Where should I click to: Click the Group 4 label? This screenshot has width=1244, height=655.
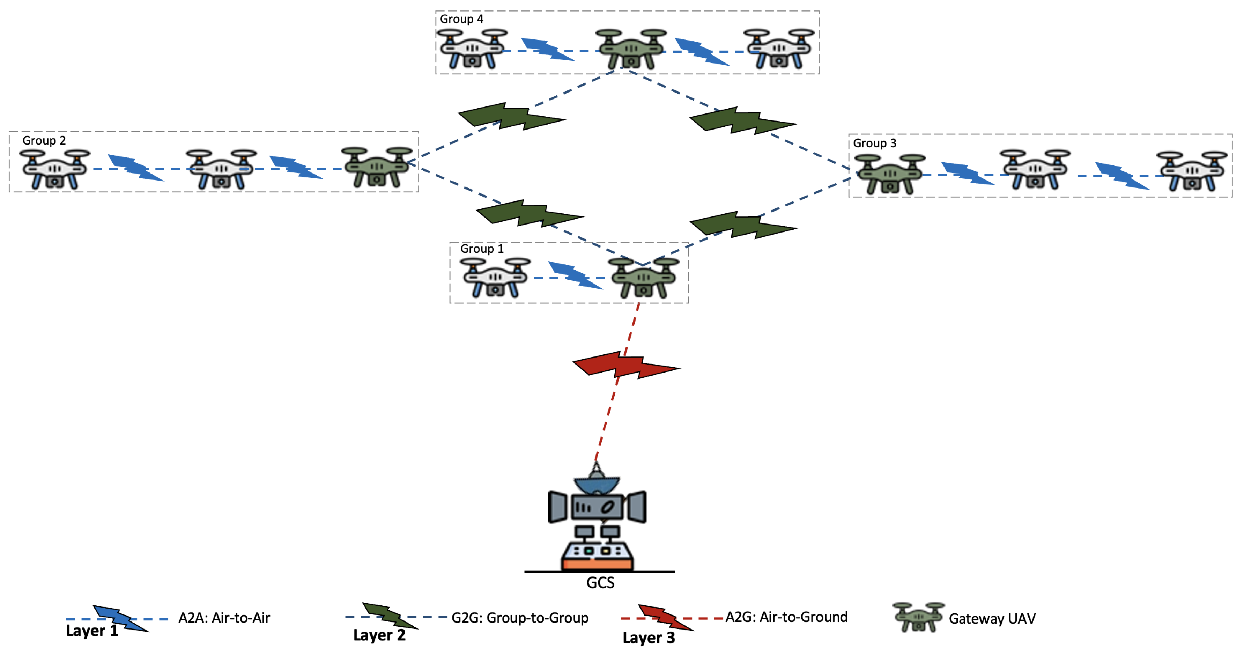click(461, 19)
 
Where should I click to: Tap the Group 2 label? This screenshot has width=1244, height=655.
click(44, 141)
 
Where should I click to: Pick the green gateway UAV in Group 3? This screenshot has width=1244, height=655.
click(889, 174)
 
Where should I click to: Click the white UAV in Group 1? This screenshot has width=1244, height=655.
click(495, 278)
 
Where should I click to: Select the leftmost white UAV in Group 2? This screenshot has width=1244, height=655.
click(54, 169)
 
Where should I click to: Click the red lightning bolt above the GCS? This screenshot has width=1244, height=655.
click(626, 365)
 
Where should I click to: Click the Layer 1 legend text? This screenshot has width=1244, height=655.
click(92, 631)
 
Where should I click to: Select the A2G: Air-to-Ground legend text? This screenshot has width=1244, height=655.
click(786, 617)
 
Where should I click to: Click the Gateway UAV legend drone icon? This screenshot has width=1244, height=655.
click(918, 617)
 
